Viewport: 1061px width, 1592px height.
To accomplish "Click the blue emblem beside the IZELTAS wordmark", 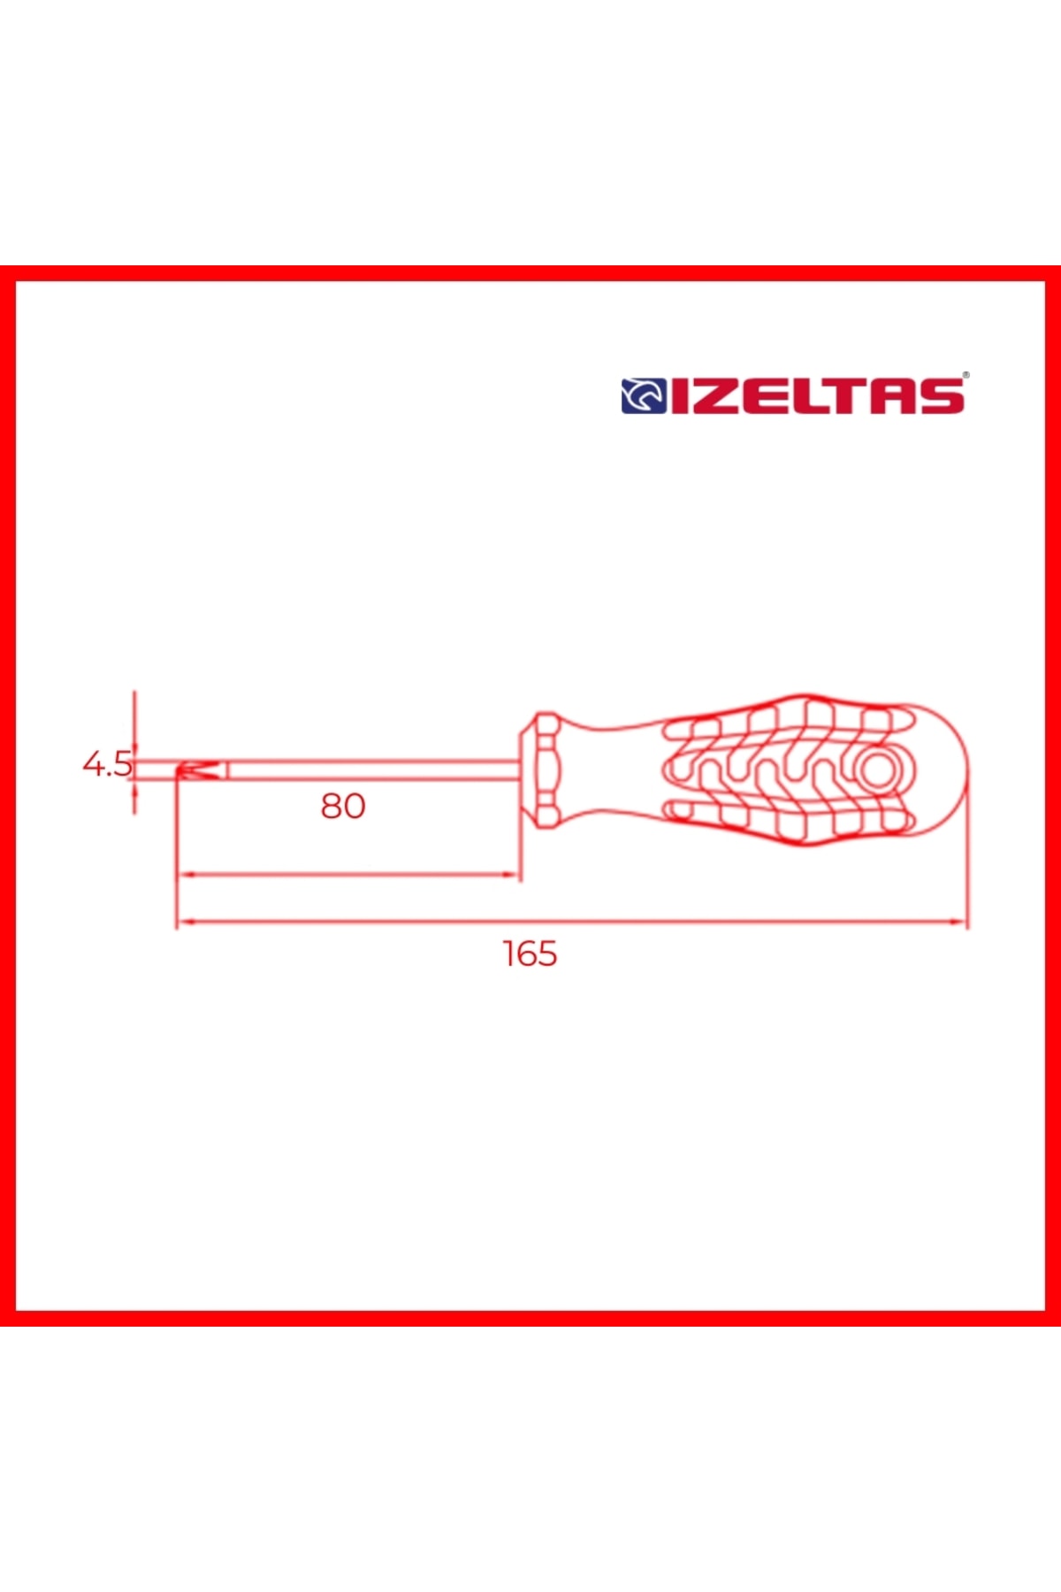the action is pos(644,396).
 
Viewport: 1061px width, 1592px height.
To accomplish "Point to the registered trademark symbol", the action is pos(966,376).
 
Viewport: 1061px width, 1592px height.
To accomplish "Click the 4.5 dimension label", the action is pos(107,763).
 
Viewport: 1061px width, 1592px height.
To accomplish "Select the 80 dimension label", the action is pos(343,806).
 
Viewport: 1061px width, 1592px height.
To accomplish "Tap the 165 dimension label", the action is pos(530,953).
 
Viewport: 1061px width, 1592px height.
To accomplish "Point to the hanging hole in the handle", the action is pos(878,770).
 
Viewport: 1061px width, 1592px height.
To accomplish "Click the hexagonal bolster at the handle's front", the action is pos(539,769).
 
